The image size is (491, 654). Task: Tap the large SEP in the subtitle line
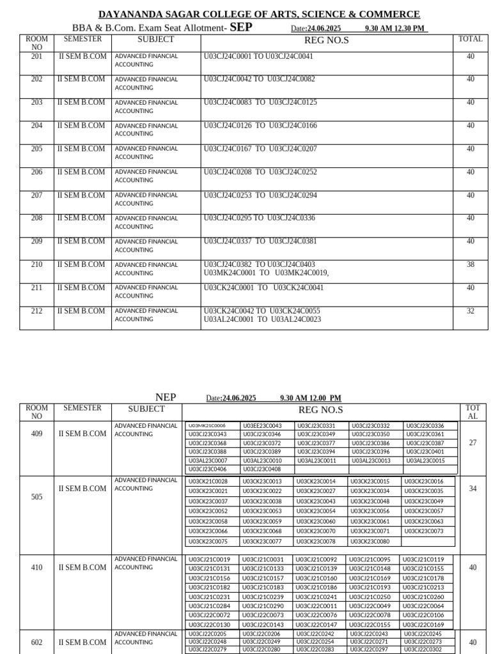click(242, 27)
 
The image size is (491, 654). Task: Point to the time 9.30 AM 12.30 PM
click(394, 29)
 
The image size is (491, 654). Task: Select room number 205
click(36, 149)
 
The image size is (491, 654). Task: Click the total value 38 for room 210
click(470, 264)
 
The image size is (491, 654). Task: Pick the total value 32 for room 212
click(470, 311)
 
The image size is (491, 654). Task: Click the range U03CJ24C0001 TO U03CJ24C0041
click(258, 56)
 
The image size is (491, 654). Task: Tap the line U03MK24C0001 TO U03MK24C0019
click(266, 273)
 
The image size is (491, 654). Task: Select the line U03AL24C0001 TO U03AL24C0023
click(262, 319)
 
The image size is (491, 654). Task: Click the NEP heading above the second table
click(166, 397)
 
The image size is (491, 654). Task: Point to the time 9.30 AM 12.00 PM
click(310, 399)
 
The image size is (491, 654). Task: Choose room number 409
click(36, 434)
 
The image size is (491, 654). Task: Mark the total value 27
click(472, 443)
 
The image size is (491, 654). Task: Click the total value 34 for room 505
click(472, 489)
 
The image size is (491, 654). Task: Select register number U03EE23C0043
click(262, 426)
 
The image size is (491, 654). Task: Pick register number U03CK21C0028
click(208, 482)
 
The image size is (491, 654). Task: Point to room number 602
click(36, 643)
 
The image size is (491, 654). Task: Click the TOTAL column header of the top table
click(470, 39)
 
